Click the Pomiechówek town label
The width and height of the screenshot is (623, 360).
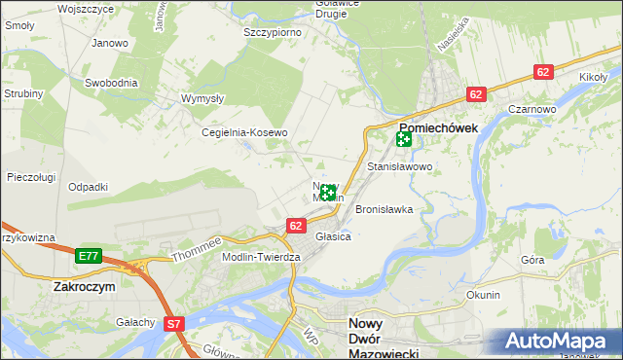click(x=437, y=127)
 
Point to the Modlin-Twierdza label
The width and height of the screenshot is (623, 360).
click(x=260, y=256)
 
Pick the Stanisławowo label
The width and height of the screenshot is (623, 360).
click(x=399, y=167)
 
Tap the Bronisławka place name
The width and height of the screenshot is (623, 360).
click(x=385, y=209)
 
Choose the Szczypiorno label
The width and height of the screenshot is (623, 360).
click(x=272, y=32)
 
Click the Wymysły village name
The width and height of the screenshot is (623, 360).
click(x=203, y=98)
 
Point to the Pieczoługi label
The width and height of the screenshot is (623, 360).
click(x=30, y=177)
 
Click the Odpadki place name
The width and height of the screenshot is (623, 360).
click(x=88, y=187)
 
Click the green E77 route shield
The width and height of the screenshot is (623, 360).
click(x=89, y=256)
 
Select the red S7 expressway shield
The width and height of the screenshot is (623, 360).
click(x=173, y=323)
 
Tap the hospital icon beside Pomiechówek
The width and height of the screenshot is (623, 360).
click(x=403, y=140)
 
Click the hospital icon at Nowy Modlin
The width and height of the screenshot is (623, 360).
click(x=329, y=193)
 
